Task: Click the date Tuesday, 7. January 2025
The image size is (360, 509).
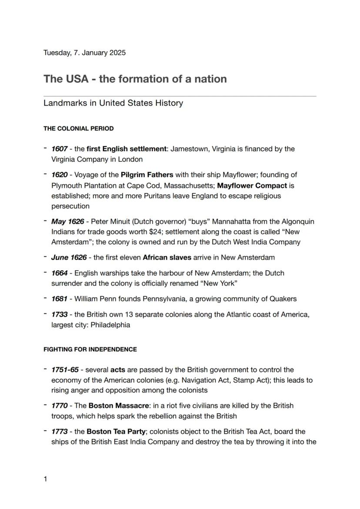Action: pos(84,53)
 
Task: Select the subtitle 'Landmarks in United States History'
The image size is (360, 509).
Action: pos(113,103)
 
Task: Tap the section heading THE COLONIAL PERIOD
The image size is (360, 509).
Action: pos(78,129)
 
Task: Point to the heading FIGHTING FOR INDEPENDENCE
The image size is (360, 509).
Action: pos(90,349)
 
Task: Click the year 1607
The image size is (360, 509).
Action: pos(59,149)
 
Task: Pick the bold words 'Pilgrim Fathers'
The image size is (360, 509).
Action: pos(147,175)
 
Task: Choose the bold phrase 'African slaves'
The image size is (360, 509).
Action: pos(167,257)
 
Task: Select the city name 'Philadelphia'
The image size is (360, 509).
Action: pos(110,325)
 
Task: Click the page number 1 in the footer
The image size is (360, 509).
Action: pos(45,479)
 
